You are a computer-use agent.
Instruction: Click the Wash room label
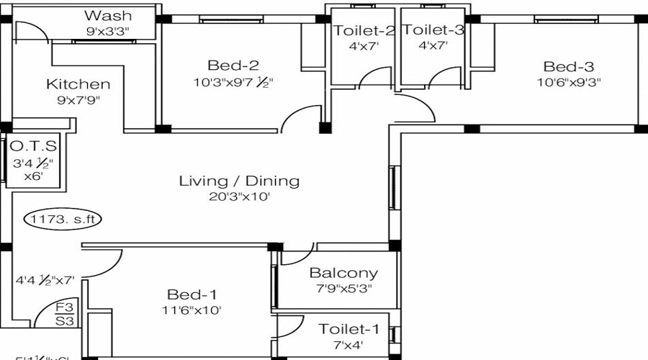107,15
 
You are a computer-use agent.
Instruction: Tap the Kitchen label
78,84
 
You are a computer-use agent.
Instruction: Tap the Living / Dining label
239,180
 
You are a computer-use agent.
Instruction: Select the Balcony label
343,273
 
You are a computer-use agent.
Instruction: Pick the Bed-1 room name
192,294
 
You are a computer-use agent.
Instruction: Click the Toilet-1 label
348,329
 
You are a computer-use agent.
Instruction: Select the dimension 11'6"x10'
191,310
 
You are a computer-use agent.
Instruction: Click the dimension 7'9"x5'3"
343,289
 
